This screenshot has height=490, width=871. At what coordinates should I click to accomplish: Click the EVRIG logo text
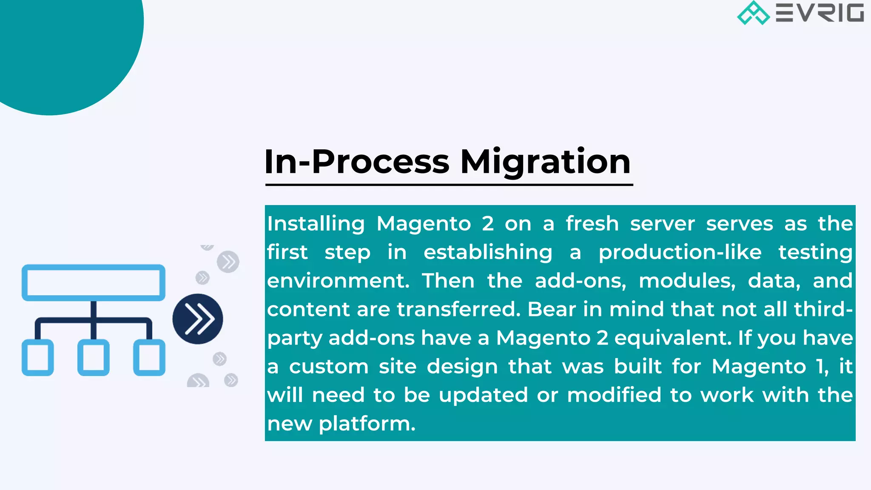[x=820, y=13]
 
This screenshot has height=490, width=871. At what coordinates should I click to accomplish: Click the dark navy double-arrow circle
[x=198, y=319]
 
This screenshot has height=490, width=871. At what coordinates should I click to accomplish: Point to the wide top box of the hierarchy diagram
[x=94, y=282]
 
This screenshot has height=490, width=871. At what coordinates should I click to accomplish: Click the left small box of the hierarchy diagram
[x=38, y=357]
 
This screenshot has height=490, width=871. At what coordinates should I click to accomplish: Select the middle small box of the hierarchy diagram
[x=94, y=357]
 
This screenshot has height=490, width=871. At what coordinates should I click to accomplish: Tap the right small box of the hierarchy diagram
[x=149, y=357]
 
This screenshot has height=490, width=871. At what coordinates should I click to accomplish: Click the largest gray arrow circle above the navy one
[x=228, y=262]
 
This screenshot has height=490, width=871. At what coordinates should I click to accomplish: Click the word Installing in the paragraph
[x=316, y=224]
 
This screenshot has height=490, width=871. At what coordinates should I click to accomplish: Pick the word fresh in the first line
[x=592, y=224]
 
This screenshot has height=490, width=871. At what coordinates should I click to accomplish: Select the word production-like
[x=680, y=253]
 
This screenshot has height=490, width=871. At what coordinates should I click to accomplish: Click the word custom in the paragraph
[x=329, y=367]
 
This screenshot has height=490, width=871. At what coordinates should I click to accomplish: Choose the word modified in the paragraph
[x=614, y=395]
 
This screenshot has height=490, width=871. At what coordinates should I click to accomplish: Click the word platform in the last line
[x=367, y=424]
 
